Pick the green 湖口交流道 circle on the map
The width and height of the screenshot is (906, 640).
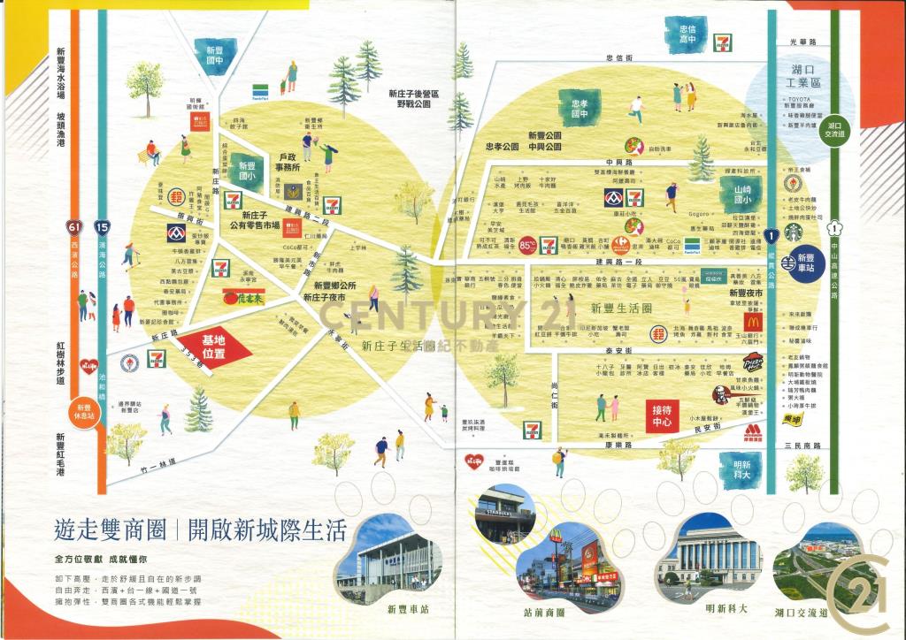[x=834, y=129]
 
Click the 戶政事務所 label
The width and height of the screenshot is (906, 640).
[x=285, y=160]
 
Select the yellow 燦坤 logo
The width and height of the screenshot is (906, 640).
[x=795, y=419]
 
